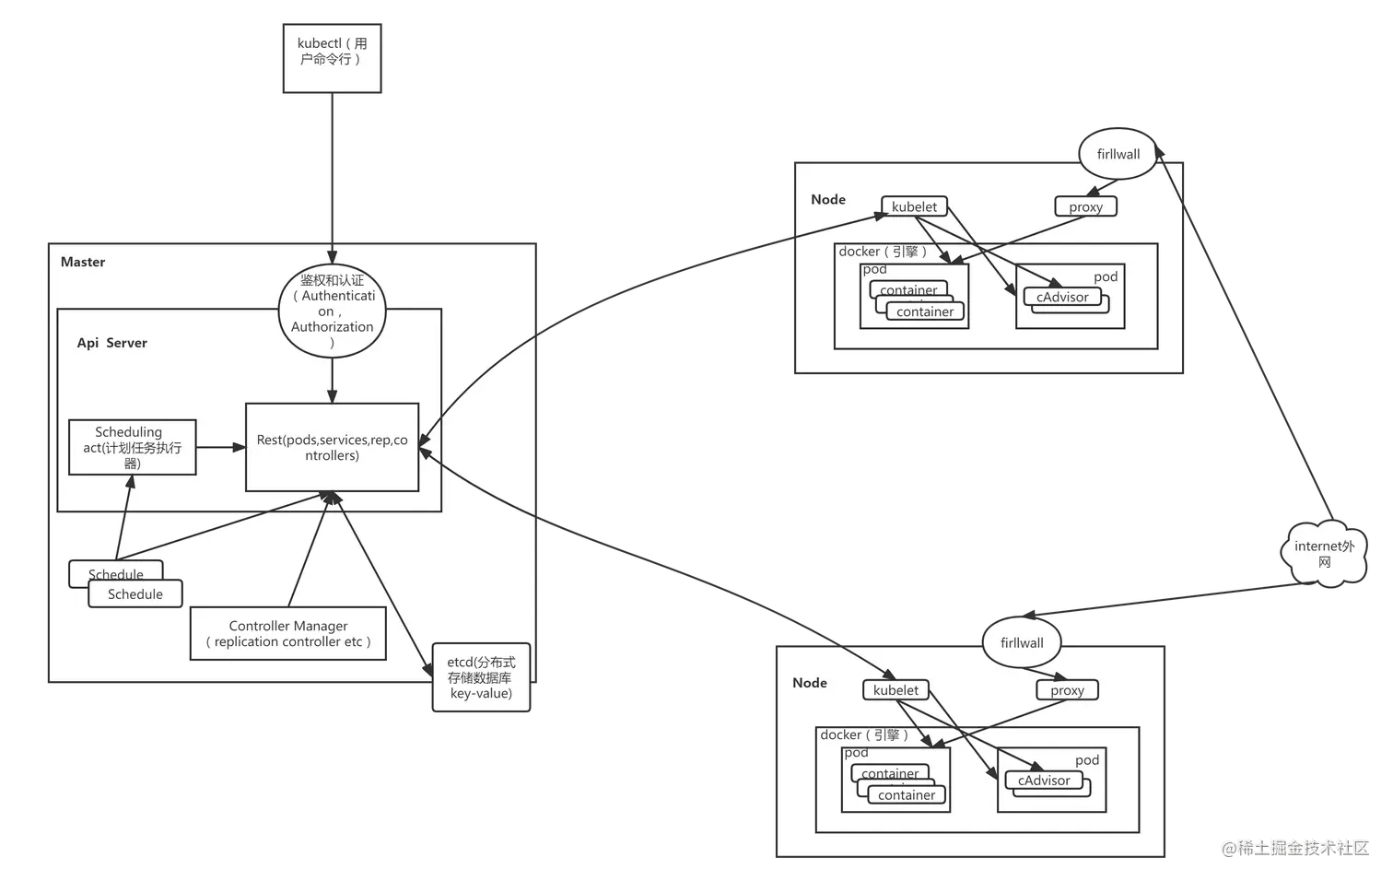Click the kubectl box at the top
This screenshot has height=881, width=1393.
pos(332,58)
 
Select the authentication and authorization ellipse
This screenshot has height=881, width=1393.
pos(332,311)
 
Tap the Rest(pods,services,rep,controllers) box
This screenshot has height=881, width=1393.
pos(332,448)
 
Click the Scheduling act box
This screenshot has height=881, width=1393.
pos(132,447)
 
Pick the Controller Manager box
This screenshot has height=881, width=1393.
pos(287,633)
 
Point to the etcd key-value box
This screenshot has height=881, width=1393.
pos(481,677)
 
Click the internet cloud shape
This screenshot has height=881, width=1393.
pos(1324,553)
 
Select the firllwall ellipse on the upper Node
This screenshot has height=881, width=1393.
pos(1118,154)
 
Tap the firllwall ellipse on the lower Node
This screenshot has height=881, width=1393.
pos(1022,642)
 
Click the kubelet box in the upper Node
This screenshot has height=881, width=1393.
pos(914,206)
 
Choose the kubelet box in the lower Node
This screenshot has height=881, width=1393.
pos(895,690)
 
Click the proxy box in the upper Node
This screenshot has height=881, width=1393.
pos(1085,206)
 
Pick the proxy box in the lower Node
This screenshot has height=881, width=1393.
pos(1067,690)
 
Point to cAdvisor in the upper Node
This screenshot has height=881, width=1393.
pos(1062,297)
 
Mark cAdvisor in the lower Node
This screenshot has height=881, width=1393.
pos(1044,781)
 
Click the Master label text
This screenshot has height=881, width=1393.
pos(83,262)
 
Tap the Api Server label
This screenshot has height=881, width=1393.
pos(111,343)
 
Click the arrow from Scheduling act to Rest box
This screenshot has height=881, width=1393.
pos(220,448)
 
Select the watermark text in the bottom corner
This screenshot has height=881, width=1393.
pos(1294,846)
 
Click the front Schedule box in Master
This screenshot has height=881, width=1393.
pos(135,594)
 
